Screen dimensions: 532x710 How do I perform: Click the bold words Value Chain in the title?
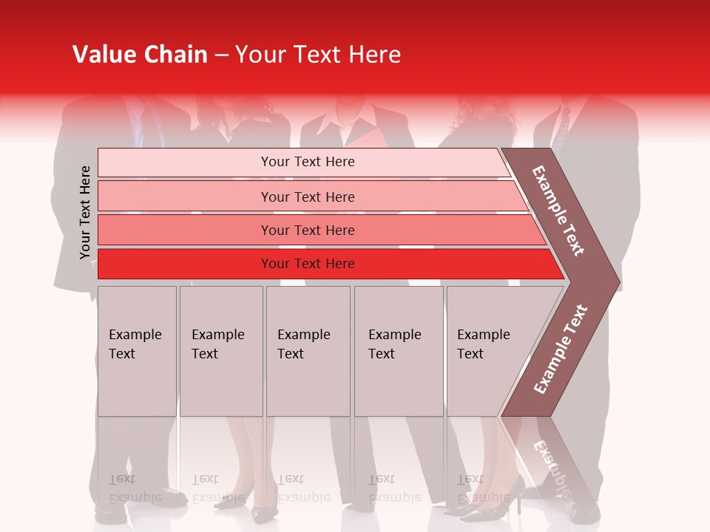(x=140, y=55)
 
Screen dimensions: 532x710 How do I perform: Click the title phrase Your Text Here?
(x=317, y=55)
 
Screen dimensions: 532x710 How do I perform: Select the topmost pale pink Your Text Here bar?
(x=307, y=162)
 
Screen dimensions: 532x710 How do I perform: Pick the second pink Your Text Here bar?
(x=307, y=197)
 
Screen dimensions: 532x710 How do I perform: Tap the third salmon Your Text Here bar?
(x=307, y=230)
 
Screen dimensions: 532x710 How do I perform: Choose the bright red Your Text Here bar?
(x=307, y=264)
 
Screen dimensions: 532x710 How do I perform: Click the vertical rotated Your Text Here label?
(x=85, y=212)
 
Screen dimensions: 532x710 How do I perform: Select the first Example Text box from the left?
(x=137, y=350)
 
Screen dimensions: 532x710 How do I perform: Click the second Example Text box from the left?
(x=220, y=350)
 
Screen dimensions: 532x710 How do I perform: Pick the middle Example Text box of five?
(x=307, y=350)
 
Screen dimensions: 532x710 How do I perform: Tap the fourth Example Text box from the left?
(x=398, y=350)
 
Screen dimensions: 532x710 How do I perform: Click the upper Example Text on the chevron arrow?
(x=558, y=211)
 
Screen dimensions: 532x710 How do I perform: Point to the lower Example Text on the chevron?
(x=560, y=349)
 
